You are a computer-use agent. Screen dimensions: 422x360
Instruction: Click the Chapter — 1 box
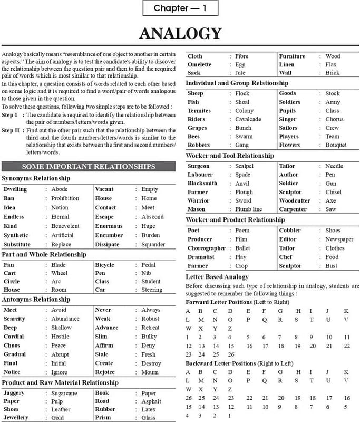[180, 8]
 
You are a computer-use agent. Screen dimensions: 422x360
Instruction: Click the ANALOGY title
[180, 34]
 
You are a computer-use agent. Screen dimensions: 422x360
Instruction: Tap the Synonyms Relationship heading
[36, 178]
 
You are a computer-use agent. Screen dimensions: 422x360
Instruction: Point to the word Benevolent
[65, 226]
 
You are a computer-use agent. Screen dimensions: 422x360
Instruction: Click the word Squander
[153, 244]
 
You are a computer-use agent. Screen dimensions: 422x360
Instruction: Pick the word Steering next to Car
[152, 290]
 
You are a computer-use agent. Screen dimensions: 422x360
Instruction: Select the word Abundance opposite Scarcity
[65, 319]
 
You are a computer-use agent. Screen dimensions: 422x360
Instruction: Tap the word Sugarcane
[64, 393]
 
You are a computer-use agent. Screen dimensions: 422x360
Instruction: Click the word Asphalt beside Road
[152, 401]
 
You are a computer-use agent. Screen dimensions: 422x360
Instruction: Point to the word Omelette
[199, 64]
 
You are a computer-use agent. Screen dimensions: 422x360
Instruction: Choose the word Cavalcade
[248, 119]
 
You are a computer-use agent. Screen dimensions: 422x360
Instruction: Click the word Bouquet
[336, 145]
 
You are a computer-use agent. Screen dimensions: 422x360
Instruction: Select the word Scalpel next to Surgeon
[244, 166]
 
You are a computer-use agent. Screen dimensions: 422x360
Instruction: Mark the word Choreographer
[206, 248]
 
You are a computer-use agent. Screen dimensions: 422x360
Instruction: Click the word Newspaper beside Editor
[339, 239]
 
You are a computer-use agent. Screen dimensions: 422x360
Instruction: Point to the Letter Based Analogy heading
[217, 276]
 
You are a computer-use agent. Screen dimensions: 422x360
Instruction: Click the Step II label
[10, 130]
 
